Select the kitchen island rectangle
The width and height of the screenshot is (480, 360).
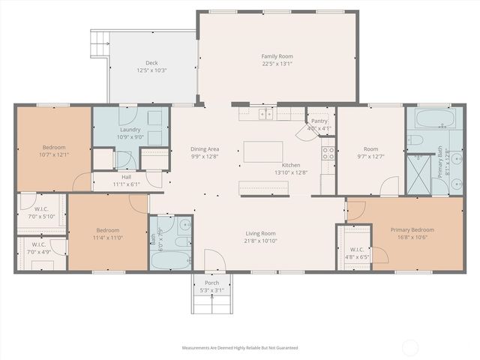(262, 151)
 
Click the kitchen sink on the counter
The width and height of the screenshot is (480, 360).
(265, 114)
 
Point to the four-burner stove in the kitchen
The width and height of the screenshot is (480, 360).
(328, 154)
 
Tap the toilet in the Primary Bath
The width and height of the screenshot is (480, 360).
(416, 140)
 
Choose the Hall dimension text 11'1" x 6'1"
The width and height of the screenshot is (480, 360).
(126, 184)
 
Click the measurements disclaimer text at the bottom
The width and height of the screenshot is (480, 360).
(240, 348)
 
